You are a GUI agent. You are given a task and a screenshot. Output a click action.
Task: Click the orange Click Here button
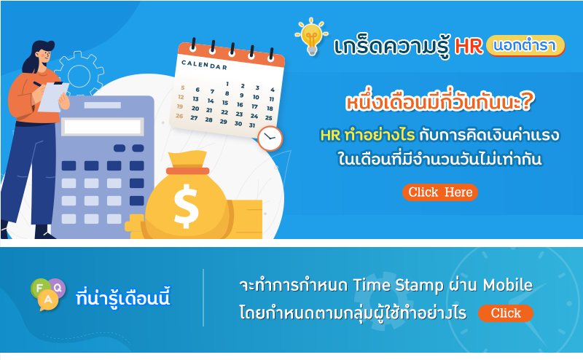tap(440, 192)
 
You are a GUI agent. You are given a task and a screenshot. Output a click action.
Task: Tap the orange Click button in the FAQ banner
tap(506, 313)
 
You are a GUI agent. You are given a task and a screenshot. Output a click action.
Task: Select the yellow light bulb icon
tap(312, 37)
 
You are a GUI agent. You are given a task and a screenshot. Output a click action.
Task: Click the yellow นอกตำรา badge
tap(525, 45)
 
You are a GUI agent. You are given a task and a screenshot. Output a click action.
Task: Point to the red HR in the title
tap(469, 47)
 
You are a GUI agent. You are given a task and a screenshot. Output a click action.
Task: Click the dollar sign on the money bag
tap(186, 206)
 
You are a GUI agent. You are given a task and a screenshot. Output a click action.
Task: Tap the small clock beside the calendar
tap(270, 138)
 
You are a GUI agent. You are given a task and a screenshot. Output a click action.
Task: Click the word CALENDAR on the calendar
tap(204, 65)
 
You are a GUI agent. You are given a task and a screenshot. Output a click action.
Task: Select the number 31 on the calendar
tap(252, 125)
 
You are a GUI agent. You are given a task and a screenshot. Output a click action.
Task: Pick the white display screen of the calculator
tap(103, 127)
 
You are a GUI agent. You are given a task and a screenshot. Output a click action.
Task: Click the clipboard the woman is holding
tap(53, 96)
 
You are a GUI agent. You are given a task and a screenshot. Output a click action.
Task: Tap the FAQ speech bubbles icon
tap(48, 294)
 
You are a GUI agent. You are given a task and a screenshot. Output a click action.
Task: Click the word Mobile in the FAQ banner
tap(507, 285)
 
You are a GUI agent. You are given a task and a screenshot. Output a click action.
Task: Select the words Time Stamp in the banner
tap(398, 286)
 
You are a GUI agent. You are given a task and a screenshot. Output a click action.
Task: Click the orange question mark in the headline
tap(527, 101)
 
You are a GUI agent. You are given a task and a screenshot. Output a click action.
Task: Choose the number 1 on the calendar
tap(227, 84)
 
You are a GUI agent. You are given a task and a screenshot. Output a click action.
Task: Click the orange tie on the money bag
tap(188, 171)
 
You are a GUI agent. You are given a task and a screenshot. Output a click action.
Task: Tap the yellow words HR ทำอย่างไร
tap(367, 135)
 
